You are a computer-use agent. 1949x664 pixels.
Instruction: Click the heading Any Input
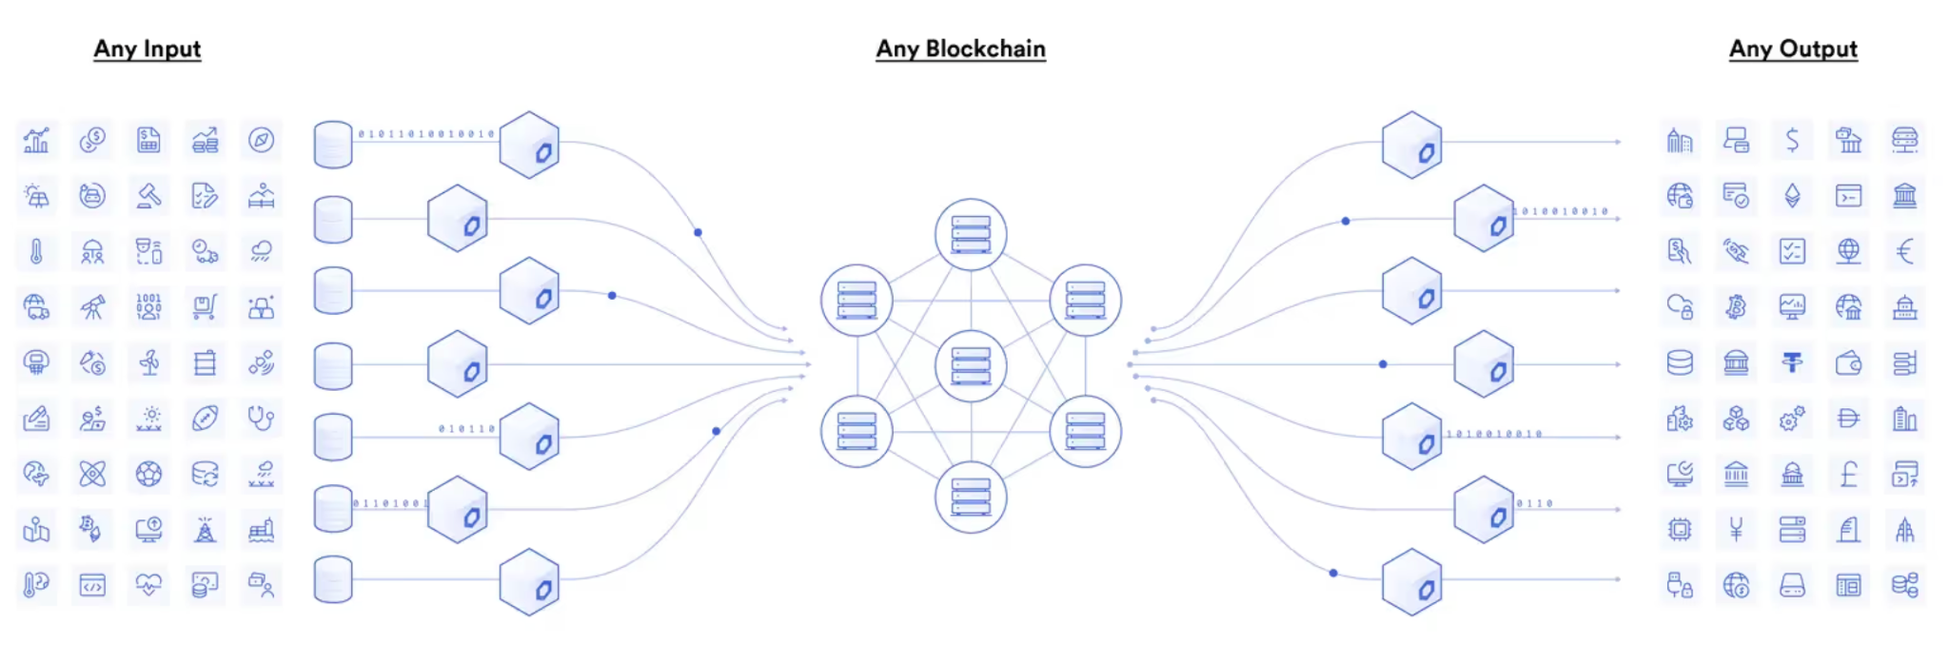point(148,49)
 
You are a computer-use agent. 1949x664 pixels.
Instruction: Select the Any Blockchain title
point(960,49)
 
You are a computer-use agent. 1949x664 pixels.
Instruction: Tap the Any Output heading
point(1793,49)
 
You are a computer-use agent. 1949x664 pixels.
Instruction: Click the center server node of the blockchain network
point(971,365)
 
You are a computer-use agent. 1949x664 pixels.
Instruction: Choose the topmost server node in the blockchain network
point(971,234)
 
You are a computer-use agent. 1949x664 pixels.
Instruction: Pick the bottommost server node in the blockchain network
point(971,498)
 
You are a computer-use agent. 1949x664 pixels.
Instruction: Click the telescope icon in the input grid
point(92,306)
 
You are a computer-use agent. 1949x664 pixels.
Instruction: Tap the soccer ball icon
point(148,473)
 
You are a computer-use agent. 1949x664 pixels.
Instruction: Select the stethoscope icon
point(261,418)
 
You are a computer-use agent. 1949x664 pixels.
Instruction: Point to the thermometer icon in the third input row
point(36,251)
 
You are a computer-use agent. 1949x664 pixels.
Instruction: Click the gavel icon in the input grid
point(148,196)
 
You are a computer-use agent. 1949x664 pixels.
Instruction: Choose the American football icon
point(205,418)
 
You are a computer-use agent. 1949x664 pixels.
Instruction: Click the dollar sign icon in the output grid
point(1792,141)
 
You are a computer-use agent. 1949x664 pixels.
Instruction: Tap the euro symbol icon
point(1904,251)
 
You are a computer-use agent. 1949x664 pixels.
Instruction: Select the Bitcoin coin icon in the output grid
point(1736,306)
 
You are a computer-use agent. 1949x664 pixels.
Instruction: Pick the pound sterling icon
point(1848,473)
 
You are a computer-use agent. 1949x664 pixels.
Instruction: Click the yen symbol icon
point(1736,529)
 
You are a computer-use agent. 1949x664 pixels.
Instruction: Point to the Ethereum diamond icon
point(1792,196)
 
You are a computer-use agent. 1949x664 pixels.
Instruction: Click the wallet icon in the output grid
point(1848,362)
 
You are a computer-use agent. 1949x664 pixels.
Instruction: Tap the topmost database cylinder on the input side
point(333,145)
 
